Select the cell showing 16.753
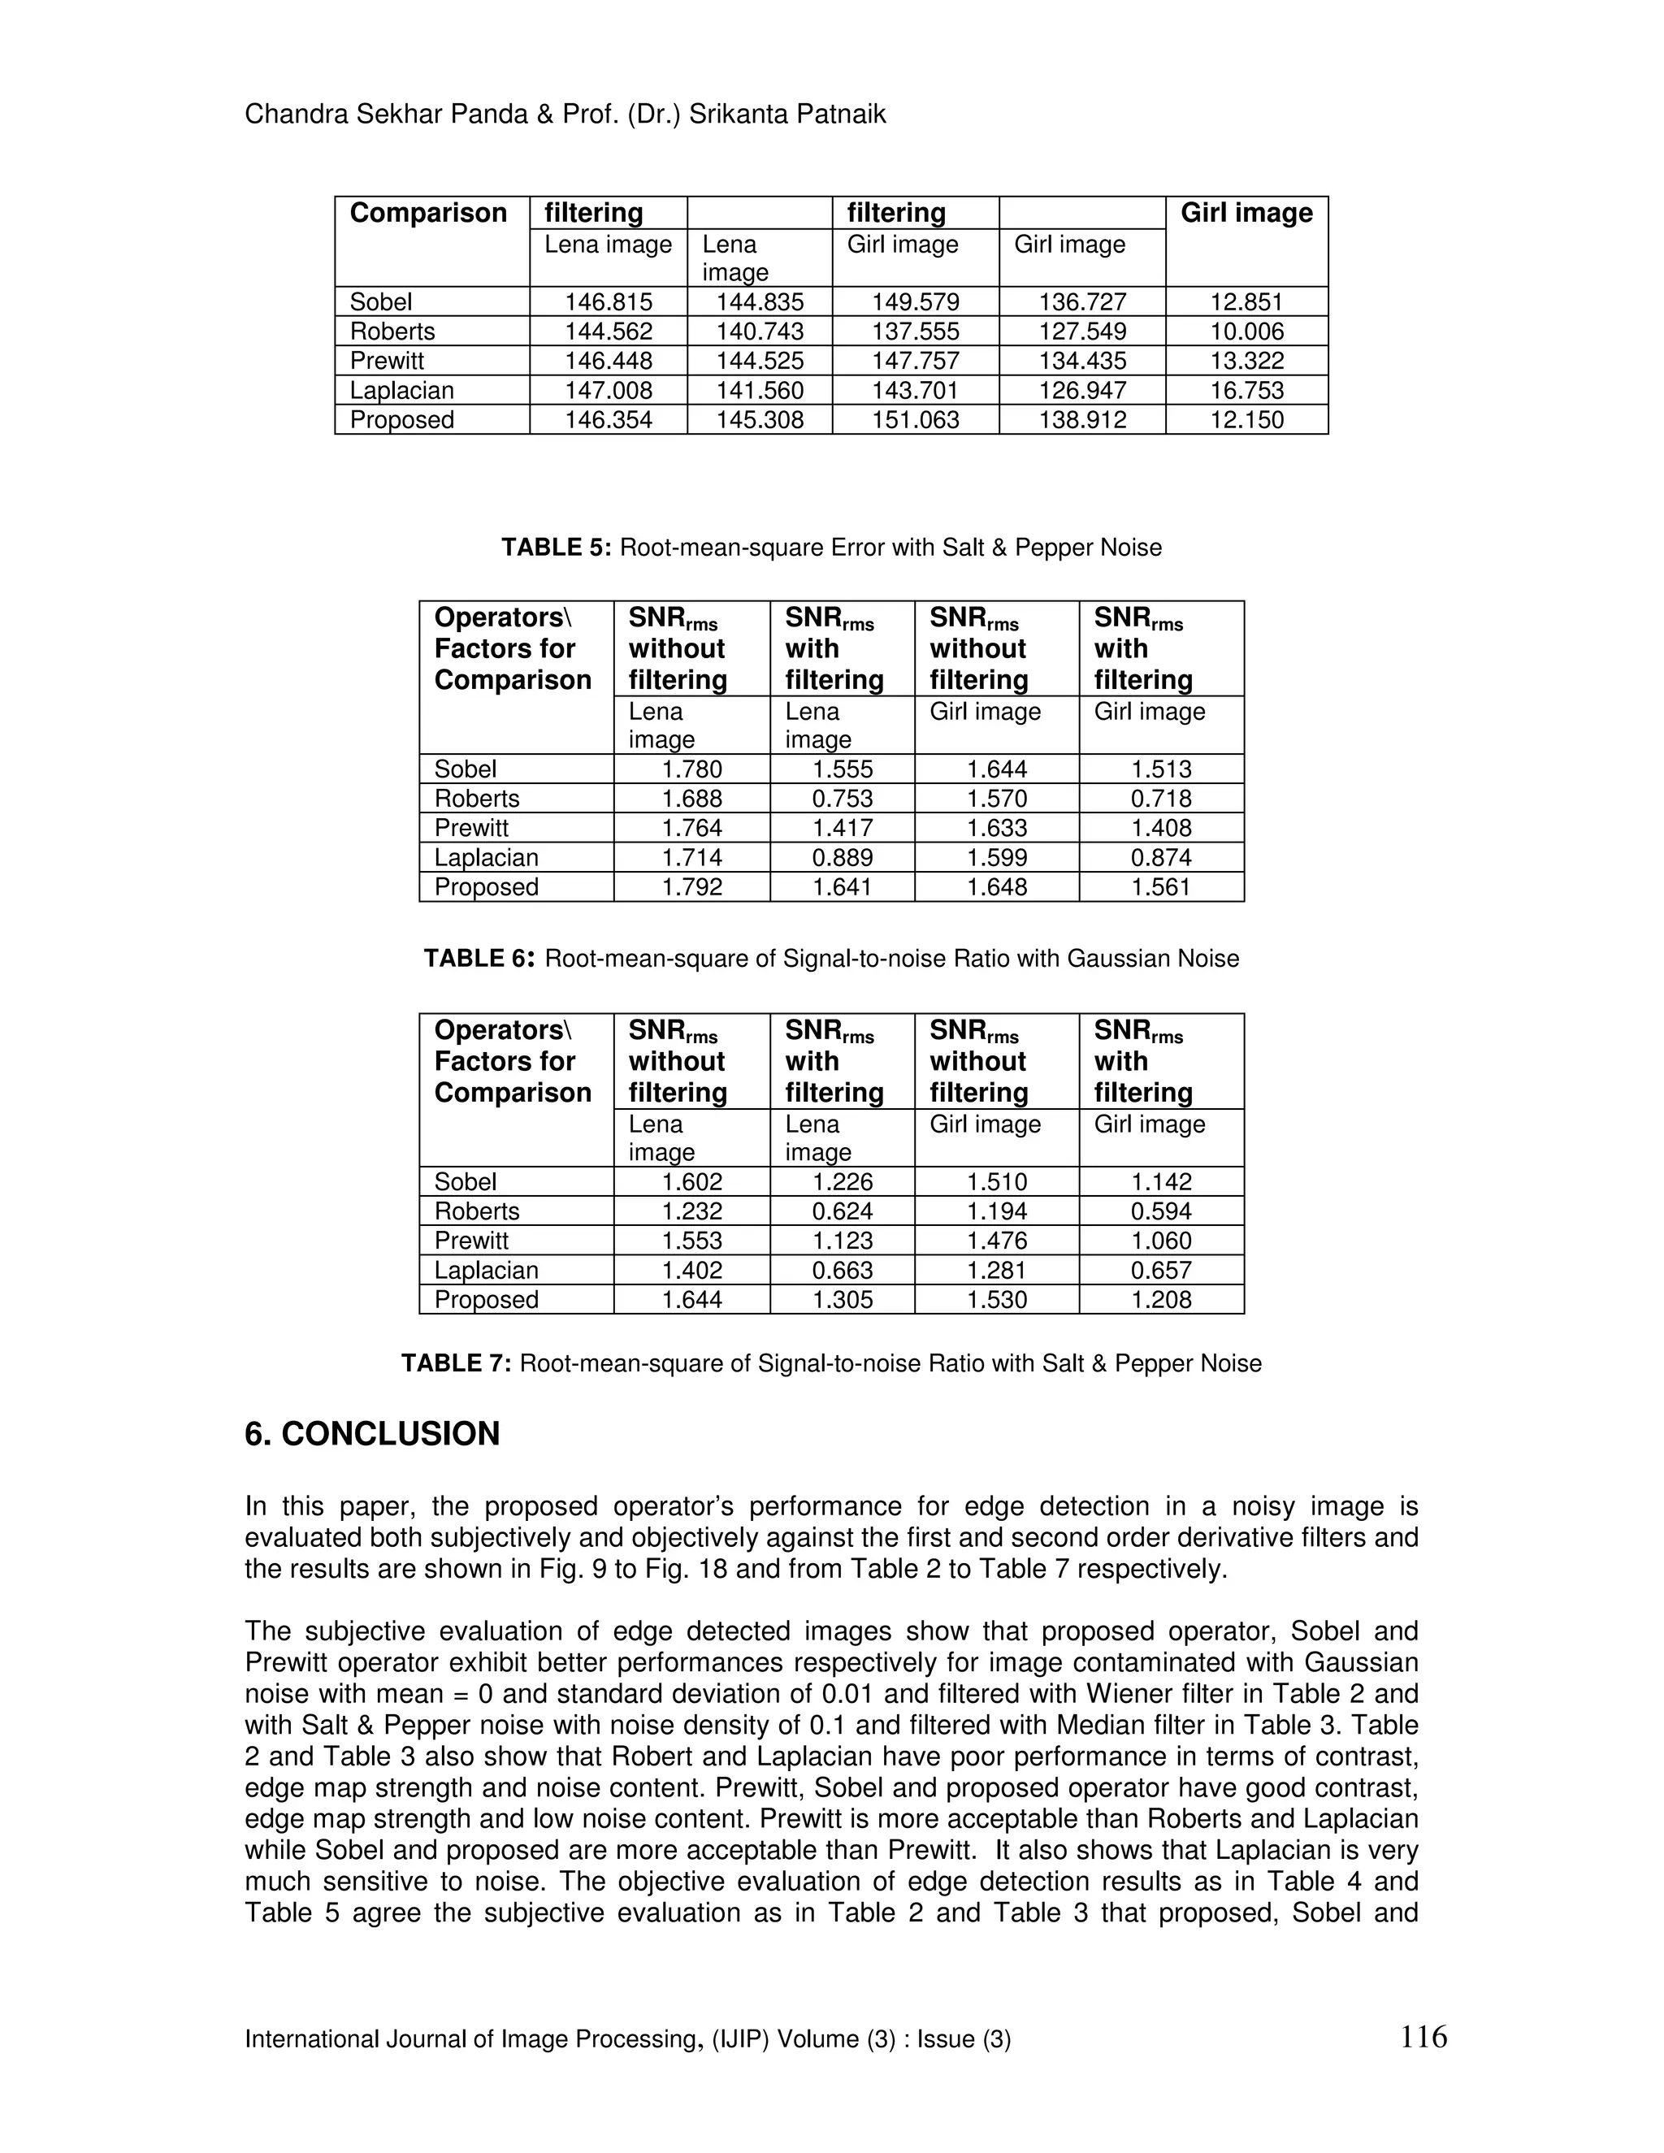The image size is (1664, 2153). [x=1246, y=390]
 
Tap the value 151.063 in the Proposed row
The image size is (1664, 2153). [x=915, y=420]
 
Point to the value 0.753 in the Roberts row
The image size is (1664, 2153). [x=842, y=799]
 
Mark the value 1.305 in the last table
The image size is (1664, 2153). [x=842, y=1299]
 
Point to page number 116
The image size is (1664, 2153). [x=1423, y=2036]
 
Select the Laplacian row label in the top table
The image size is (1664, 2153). [x=401, y=390]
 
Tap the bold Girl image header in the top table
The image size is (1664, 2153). [x=1246, y=213]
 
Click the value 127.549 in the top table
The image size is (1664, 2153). [x=1081, y=331]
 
